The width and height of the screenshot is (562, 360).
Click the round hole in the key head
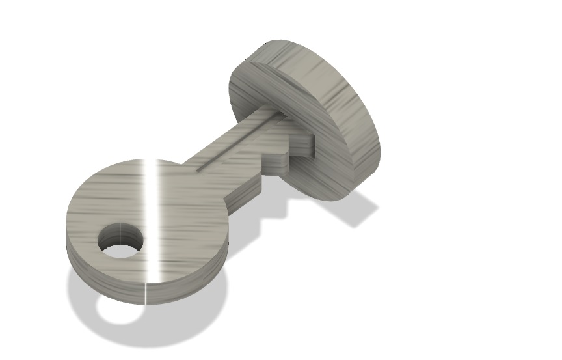120,240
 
